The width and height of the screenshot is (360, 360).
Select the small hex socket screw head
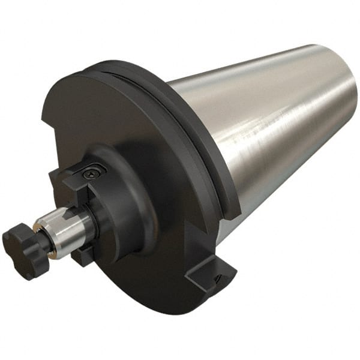92,173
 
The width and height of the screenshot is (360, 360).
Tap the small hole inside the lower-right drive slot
217,277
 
